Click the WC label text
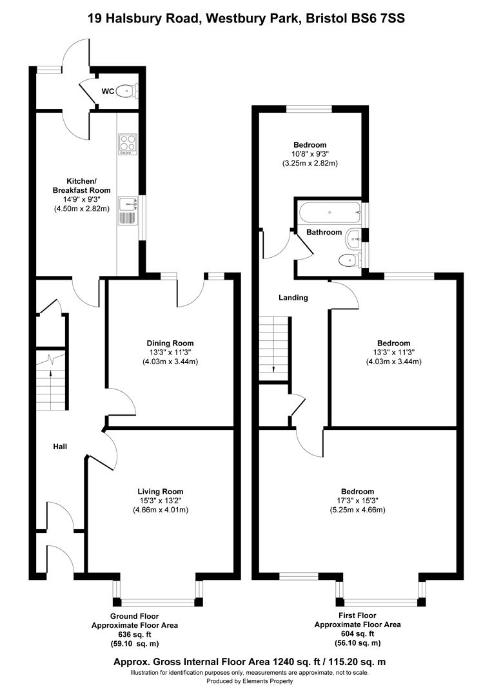point(108,92)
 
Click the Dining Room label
point(170,343)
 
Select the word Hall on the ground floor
point(61,446)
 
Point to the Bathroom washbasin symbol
point(354,238)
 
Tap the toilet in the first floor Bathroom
point(349,260)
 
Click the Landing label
point(293,298)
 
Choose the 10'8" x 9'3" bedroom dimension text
point(310,155)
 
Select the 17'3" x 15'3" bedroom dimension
point(359,501)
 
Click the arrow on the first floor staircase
point(274,368)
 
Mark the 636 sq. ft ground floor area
point(135,634)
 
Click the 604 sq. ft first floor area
point(357,633)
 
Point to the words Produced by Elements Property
point(250,681)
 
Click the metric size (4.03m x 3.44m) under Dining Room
point(170,362)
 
